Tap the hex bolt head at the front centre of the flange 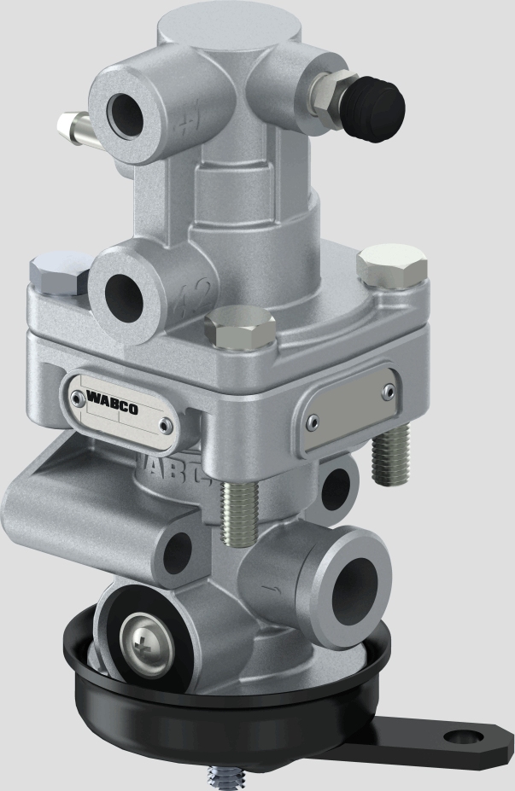click(x=240, y=329)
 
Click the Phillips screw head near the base click(x=142, y=637)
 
